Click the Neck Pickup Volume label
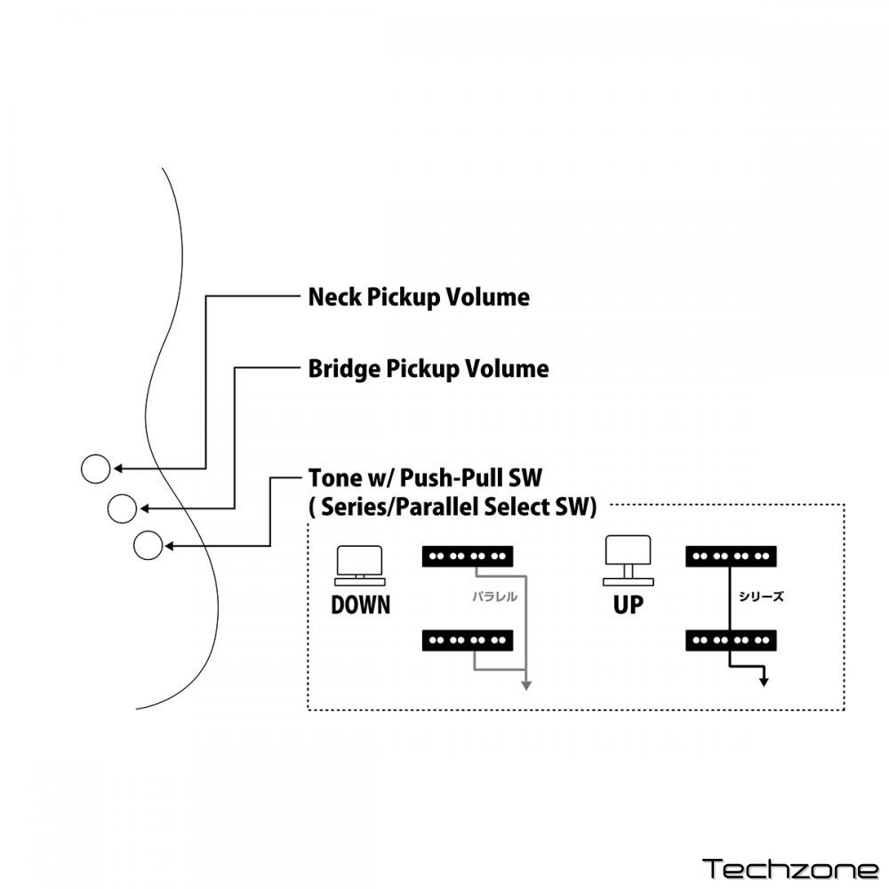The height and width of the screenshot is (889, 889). [418, 297]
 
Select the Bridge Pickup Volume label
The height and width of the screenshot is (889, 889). [428, 368]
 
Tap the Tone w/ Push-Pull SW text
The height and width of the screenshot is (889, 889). [425, 478]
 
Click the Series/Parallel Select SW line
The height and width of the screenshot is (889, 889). [453, 507]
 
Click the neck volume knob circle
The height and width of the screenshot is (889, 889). [95, 468]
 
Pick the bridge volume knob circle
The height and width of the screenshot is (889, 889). [122, 509]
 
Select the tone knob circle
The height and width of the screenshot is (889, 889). [148, 545]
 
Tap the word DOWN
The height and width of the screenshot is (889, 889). [360, 605]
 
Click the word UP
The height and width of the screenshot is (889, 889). [627, 605]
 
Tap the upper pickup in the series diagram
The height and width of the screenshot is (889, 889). [733, 557]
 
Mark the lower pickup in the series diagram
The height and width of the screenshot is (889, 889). [733, 639]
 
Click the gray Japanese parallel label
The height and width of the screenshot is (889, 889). [494, 597]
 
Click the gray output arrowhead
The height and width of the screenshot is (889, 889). [525, 685]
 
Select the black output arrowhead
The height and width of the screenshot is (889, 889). [764, 682]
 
